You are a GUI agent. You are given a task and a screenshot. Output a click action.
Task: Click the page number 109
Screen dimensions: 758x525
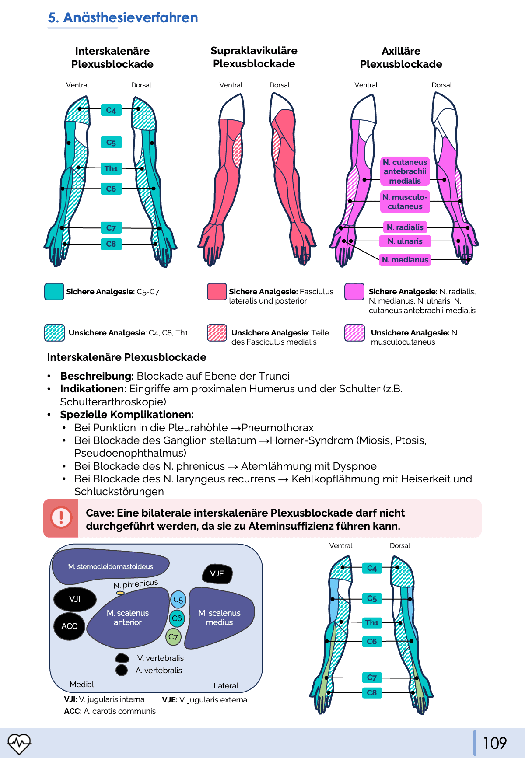coord(494,743)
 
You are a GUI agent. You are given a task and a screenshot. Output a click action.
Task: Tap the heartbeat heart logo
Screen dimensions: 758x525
coord(19,743)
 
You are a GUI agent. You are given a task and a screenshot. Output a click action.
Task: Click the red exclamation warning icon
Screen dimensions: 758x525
coord(61,518)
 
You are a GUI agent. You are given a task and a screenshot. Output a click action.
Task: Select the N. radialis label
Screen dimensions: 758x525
coord(405,227)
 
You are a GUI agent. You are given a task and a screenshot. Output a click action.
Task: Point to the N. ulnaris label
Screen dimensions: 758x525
coord(405,241)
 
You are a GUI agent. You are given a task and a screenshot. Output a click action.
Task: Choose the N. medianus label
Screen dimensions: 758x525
coord(405,260)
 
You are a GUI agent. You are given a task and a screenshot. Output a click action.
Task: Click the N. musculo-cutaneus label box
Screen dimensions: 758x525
coord(405,202)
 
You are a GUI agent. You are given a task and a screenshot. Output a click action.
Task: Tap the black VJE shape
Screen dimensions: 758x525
coord(217,574)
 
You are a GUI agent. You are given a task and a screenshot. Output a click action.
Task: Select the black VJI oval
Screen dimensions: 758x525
coord(75,599)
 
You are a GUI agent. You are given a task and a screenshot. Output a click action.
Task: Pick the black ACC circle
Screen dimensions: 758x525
coord(69,626)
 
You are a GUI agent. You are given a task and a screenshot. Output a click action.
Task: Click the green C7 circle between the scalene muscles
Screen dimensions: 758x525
coord(173,637)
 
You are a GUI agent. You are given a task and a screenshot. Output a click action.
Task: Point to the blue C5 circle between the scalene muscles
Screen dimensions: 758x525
coord(178,600)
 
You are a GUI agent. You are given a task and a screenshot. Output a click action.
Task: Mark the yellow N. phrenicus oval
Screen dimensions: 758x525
coord(120,593)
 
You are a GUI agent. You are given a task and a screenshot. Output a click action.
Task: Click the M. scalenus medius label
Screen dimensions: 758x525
coord(219,618)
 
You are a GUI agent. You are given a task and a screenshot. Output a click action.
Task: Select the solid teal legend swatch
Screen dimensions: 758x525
coord(54,292)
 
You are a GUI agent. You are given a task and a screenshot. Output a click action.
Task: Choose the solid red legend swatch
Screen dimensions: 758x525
coord(217,292)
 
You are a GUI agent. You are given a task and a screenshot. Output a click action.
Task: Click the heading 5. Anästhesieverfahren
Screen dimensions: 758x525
coord(123,18)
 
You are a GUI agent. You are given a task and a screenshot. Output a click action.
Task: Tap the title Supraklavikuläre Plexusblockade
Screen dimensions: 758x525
coord(254,57)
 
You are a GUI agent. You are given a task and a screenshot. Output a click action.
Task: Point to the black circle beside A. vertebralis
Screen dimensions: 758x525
coord(122,670)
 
